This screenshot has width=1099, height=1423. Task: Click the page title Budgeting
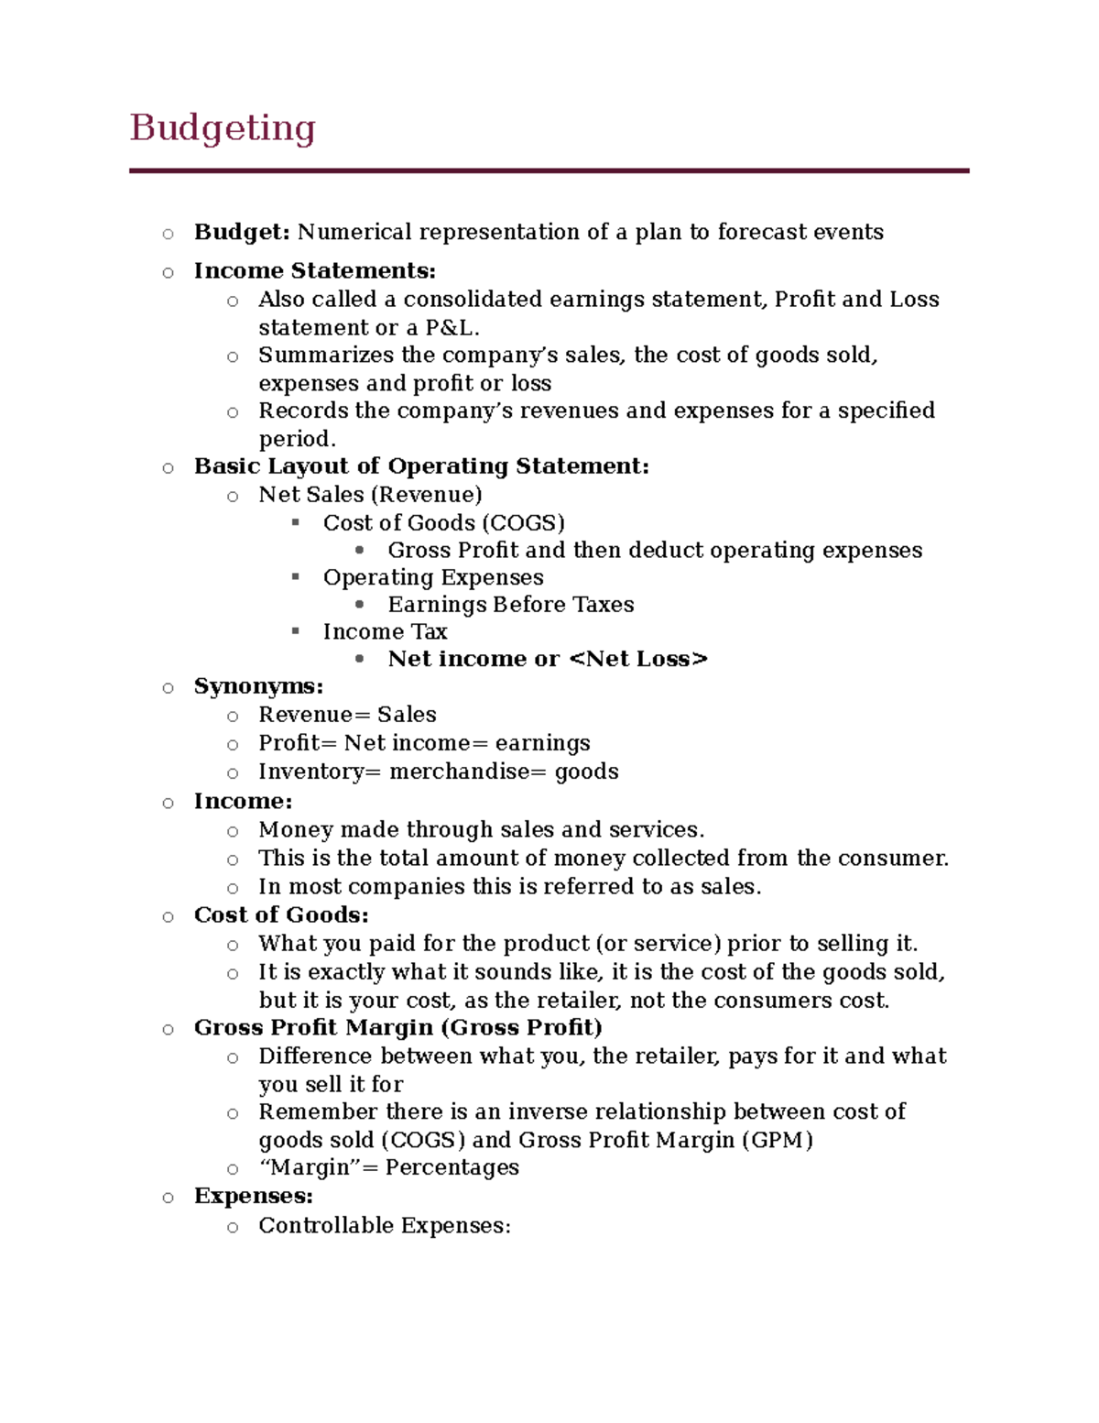pos(223,127)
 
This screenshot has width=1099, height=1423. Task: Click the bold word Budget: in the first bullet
pos(242,232)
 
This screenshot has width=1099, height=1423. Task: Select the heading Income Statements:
pos(315,271)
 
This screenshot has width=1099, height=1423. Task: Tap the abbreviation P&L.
pos(452,328)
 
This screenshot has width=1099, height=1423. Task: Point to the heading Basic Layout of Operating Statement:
pos(421,466)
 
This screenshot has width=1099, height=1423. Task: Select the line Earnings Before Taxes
pos(510,605)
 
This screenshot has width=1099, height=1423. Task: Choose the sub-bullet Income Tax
pos(385,632)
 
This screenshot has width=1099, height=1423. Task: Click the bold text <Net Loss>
pos(638,660)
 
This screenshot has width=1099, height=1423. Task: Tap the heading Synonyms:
pos(258,686)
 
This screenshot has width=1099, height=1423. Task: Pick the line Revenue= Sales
pos(347,715)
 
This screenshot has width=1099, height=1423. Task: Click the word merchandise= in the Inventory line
pos(467,772)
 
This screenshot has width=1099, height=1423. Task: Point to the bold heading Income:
pos(243,802)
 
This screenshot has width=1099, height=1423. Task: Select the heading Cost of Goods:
pos(281,915)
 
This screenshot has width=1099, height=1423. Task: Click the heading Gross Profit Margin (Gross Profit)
pos(397,1028)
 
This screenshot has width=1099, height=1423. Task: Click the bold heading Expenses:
pos(254,1197)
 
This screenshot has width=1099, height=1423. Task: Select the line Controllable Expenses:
pos(385,1226)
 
